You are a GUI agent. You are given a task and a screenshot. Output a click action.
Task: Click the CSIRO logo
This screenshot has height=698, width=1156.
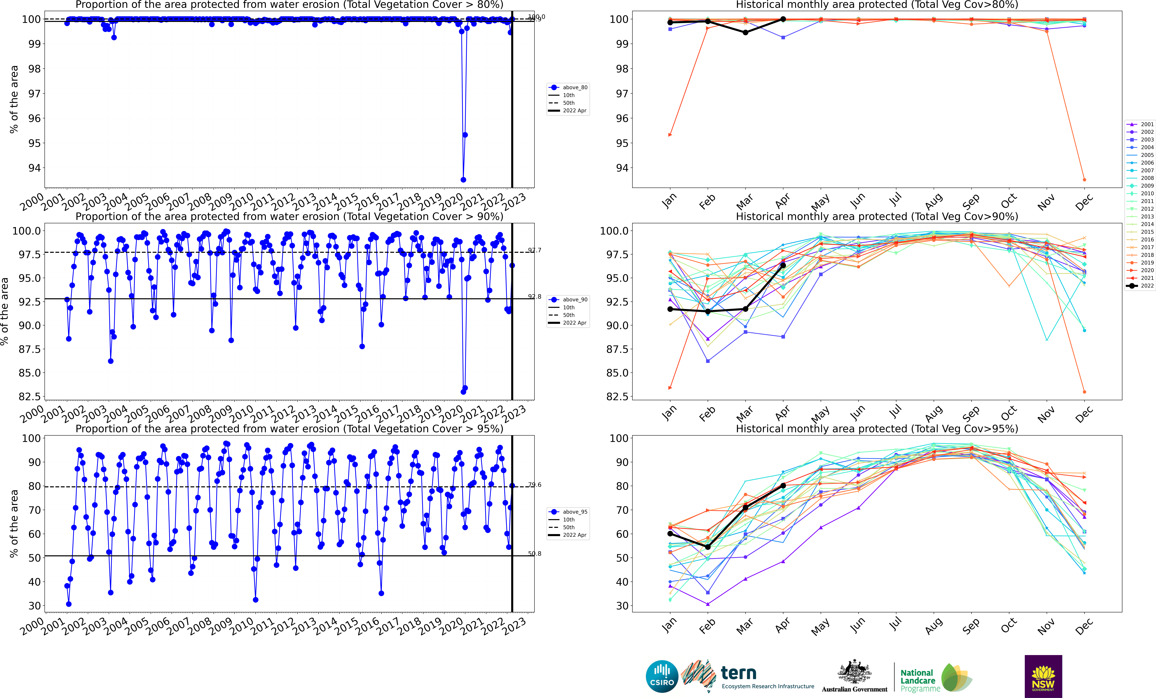[x=662, y=676]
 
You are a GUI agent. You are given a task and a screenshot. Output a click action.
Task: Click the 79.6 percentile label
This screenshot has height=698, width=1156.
[x=534, y=485]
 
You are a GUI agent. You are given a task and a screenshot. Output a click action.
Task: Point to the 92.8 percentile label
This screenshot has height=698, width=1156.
[x=534, y=297]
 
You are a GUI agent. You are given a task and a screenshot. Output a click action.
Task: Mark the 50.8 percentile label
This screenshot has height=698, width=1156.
[x=534, y=553]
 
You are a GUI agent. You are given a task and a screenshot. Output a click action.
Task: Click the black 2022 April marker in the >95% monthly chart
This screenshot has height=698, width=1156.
[x=783, y=486]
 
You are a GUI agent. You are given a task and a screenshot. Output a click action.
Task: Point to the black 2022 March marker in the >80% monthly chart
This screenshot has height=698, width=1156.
[x=745, y=32]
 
